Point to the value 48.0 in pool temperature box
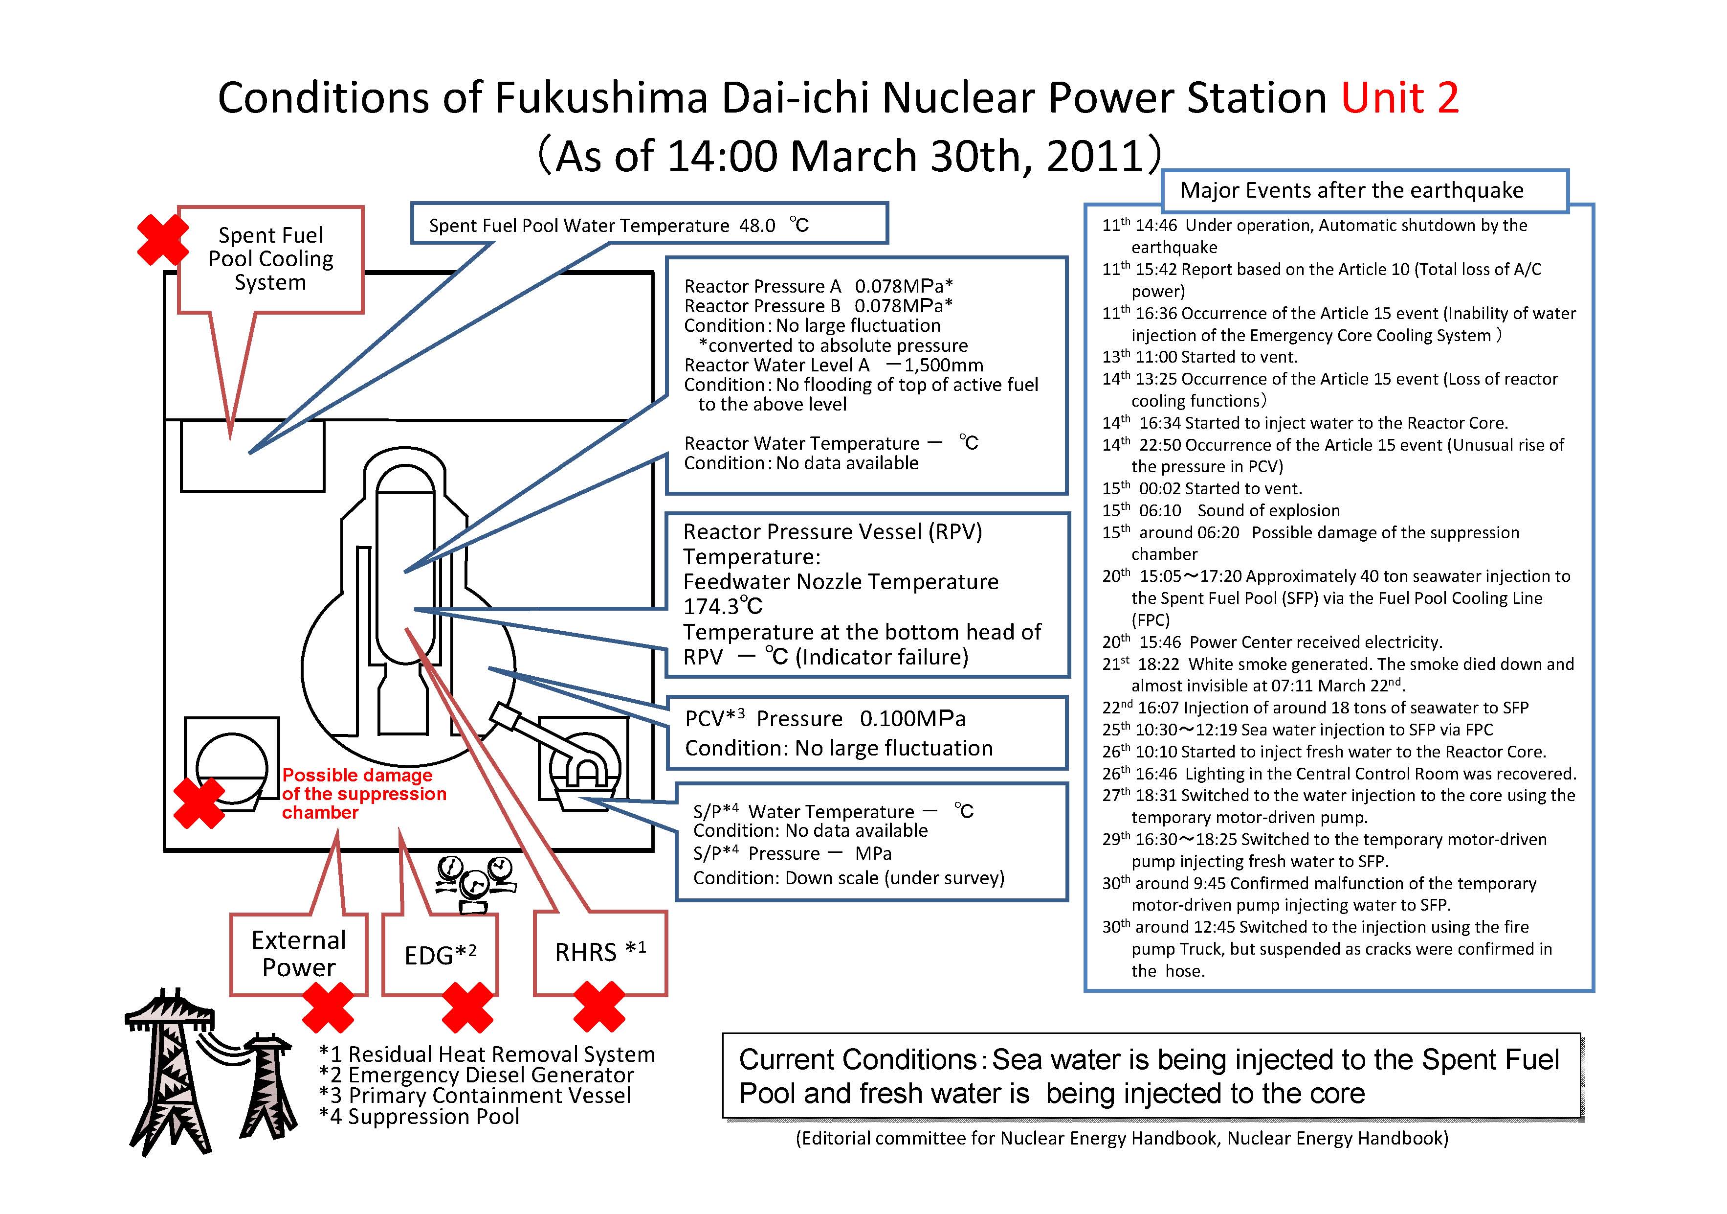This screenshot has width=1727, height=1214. coord(757,226)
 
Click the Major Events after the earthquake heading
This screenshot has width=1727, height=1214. coord(1351,190)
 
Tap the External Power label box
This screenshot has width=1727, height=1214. coord(299,954)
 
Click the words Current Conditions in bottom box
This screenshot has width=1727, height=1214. coord(858,1060)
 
